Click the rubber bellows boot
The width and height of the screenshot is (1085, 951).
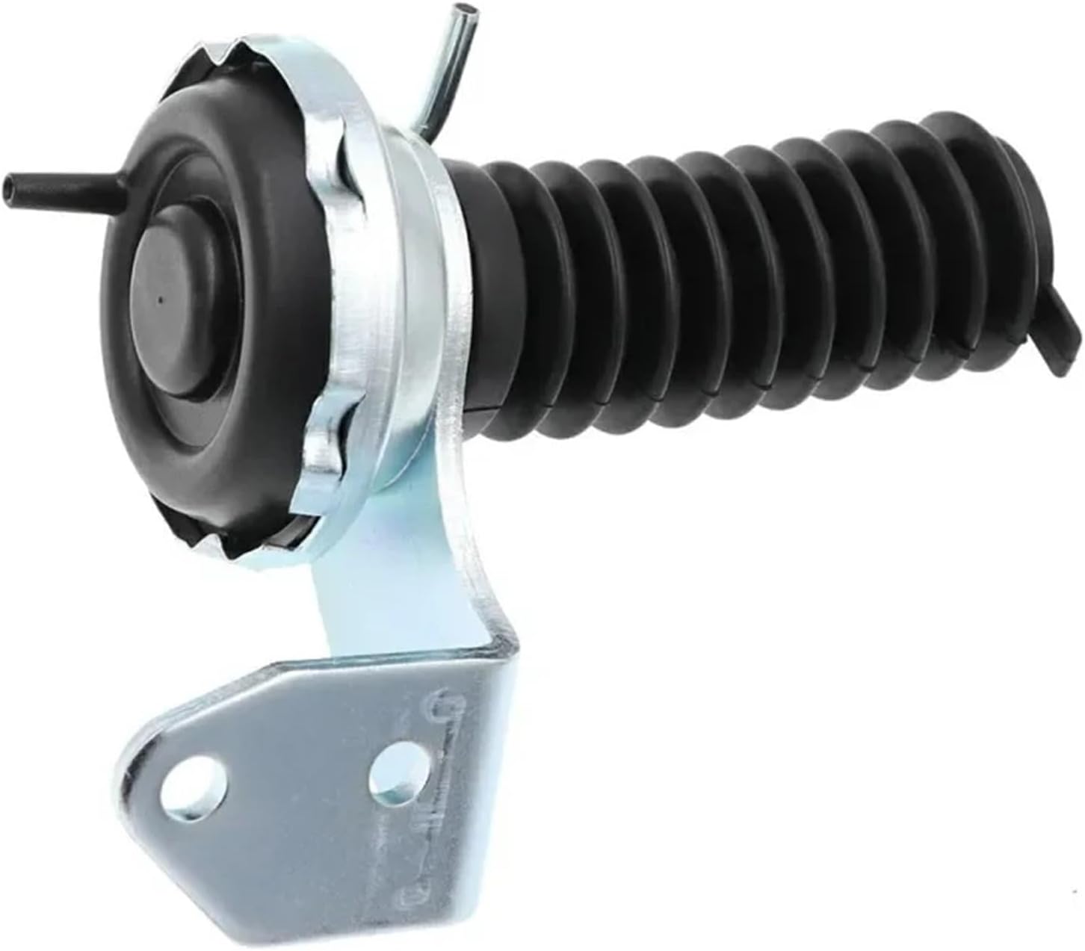747,276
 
